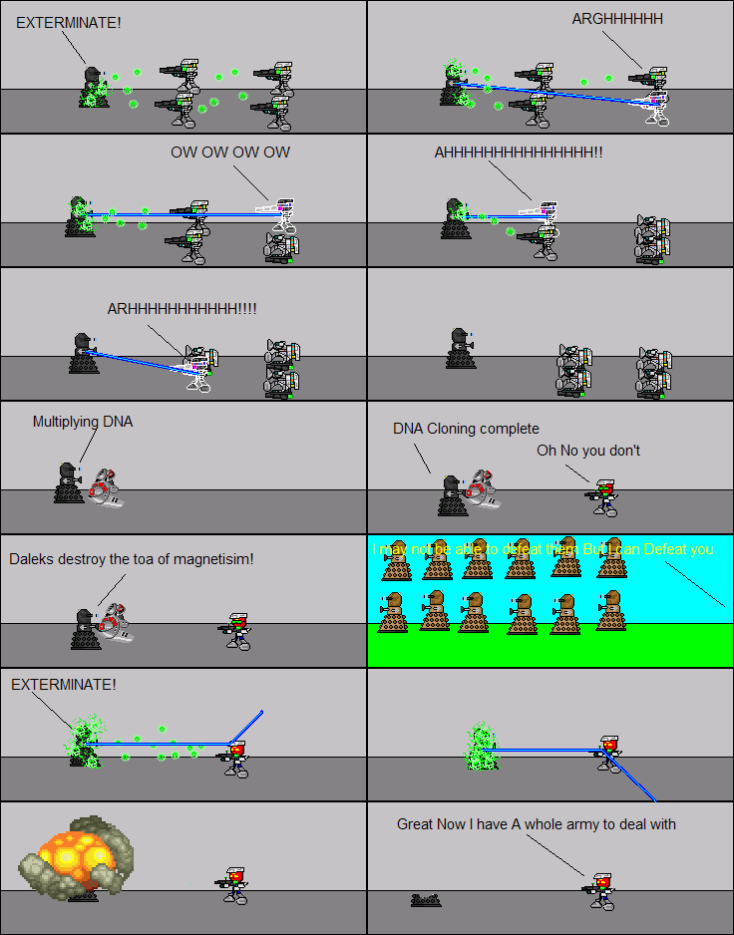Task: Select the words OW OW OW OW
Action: [230, 153]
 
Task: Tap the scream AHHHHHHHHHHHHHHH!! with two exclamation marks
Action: [518, 153]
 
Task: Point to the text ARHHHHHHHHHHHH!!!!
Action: [182, 309]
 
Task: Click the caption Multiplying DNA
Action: [83, 422]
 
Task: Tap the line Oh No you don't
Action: [588, 451]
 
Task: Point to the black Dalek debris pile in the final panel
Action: [426, 900]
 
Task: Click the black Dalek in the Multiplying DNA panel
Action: [68, 482]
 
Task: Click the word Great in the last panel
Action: [415, 824]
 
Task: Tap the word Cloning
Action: [453, 429]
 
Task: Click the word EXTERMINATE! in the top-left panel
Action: [68, 21]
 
